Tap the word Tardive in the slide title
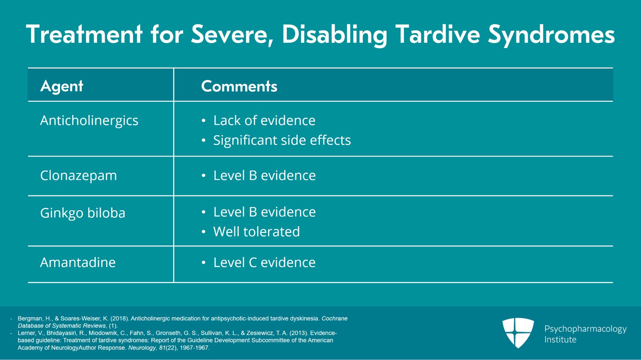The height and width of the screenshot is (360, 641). point(438,34)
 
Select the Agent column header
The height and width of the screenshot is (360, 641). point(62,86)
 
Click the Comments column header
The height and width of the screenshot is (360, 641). point(239,86)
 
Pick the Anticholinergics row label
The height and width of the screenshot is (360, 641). point(89,121)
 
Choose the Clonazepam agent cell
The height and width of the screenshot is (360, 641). point(79,175)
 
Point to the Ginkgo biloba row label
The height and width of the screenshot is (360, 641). point(83,213)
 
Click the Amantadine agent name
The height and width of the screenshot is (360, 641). point(78,262)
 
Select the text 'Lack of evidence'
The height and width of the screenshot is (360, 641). point(264,121)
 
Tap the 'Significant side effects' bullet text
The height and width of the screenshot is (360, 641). point(282,140)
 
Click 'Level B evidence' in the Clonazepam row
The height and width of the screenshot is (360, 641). point(264,175)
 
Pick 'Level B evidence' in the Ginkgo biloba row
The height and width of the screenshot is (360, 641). point(264,212)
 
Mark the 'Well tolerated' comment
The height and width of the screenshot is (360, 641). point(256,231)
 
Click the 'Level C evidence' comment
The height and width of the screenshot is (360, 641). point(264,262)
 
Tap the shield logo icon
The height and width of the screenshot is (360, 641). point(518,333)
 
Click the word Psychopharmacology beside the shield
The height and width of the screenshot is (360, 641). point(585,329)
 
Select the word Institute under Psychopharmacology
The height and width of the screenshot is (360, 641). point(560,340)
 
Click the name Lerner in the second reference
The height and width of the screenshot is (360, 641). point(25,333)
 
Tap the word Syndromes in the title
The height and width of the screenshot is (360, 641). point(552,34)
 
